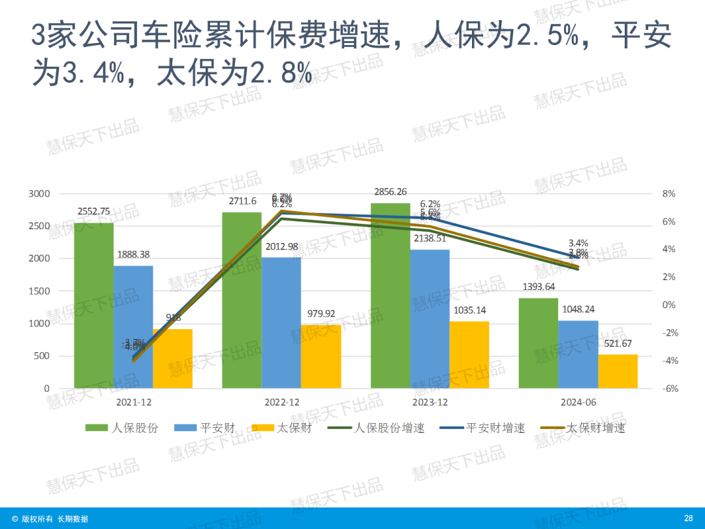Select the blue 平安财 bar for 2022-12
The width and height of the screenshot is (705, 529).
point(281,323)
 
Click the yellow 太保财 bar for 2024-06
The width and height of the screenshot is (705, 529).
point(618,372)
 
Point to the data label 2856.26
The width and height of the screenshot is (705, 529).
point(390,192)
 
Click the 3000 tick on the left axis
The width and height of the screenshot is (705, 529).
point(39,194)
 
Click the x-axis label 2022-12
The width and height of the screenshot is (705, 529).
point(281,402)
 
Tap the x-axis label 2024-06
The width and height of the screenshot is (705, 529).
point(578,402)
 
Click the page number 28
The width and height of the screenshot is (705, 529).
point(688,519)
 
